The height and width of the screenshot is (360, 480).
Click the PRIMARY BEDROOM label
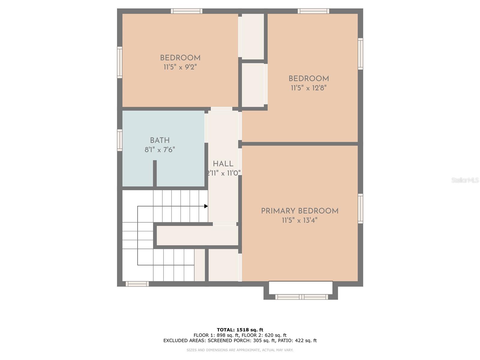click(300, 211)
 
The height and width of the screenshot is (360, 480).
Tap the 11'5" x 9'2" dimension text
click(180, 67)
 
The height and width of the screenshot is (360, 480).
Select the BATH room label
click(160, 140)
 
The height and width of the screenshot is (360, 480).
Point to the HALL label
click(223, 164)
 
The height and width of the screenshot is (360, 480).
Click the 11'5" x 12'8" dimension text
click(308, 88)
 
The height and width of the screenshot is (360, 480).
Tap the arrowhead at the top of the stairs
click(206, 206)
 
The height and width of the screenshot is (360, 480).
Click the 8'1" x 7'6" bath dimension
click(160, 150)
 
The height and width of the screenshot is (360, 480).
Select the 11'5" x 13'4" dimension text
click(299, 220)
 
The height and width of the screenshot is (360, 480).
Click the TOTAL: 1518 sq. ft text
click(240, 330)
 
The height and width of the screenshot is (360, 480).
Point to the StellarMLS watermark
click(465, 180)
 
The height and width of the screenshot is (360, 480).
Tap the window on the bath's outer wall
click(120, 140)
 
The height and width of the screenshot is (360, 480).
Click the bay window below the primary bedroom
click(301, 297)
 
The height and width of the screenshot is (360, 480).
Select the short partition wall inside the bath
click(155, 173)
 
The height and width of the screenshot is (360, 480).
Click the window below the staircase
click(137, 284)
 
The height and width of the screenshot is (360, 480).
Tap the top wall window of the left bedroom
click(187, 11)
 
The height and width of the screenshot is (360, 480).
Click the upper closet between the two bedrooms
click(253, 36)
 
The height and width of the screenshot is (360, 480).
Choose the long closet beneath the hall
click(197, 235)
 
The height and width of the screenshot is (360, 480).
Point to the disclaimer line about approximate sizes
click(240, 350)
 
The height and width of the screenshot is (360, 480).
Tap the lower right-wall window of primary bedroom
click(360, 208)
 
